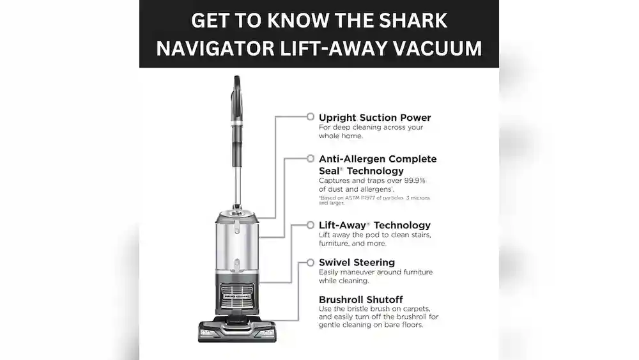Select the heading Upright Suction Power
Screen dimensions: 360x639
pyautogui.click(x=374, y=118)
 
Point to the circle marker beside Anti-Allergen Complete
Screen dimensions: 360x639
pyautogui.click(x=310, y=158)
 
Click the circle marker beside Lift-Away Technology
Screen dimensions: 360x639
pyautogui.click(x=310, y=225)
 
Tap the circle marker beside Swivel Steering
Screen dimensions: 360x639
pyautogui.click(x=310, y=262)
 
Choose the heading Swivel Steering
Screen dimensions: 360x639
pyautogui.click(x=357, y=262)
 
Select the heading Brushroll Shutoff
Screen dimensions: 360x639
pyautogui.click(x=360, y=299)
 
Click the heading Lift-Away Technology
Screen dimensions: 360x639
pyautogui.click(x=374, y=225)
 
